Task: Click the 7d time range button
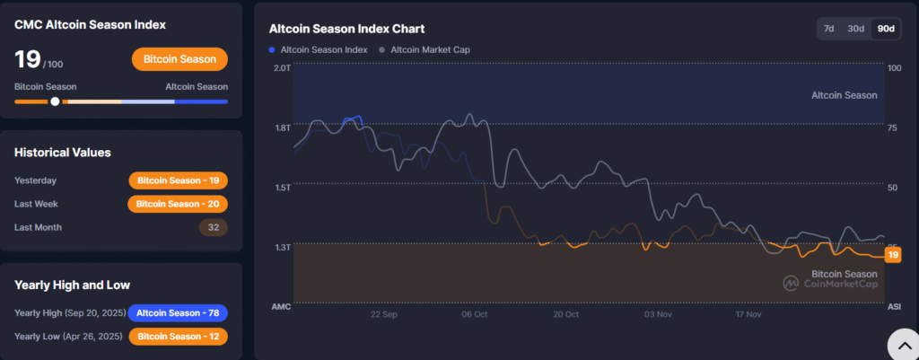pos(829,29)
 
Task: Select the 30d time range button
pos(856,29)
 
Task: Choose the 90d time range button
pos(886,29)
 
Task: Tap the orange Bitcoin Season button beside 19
pos(179,59)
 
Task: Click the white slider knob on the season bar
pos(55,101)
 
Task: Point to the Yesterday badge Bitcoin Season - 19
pos(178,180)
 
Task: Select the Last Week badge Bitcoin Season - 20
pos(178,204)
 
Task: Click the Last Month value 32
pos(214,227)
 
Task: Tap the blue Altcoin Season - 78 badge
pos(178,313)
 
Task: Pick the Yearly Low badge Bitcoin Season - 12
pos(178,337)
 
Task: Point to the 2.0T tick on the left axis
pos(281,68)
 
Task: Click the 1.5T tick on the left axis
pos(281,188)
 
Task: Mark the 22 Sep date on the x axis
pos(383,315)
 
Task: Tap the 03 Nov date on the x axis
pos(659,315)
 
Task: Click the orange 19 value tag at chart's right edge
pos(892,256)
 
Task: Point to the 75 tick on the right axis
pos(893,127)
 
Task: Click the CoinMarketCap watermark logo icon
pos(791,284)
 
